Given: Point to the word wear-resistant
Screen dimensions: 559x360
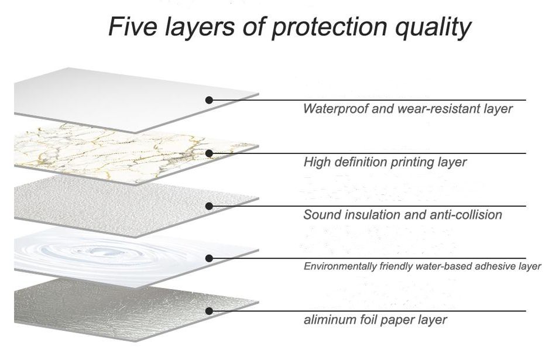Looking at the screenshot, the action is (x=433, y=109).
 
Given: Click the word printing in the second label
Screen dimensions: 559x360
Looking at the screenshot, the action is (x=401, y=162).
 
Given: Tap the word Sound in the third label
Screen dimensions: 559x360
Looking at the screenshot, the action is (x=320, y=215).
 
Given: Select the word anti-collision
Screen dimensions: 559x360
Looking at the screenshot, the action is (x=465, y=215).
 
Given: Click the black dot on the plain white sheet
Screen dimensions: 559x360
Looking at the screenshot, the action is (x=209, y=100).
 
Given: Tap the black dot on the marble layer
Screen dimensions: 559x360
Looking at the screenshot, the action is (x=209, y=153).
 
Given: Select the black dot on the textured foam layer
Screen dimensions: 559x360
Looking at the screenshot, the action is (x=209, y=205).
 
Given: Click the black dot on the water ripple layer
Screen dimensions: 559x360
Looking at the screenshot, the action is (x=209, y=258).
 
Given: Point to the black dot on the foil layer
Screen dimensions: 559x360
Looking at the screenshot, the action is (x=209, y=311).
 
